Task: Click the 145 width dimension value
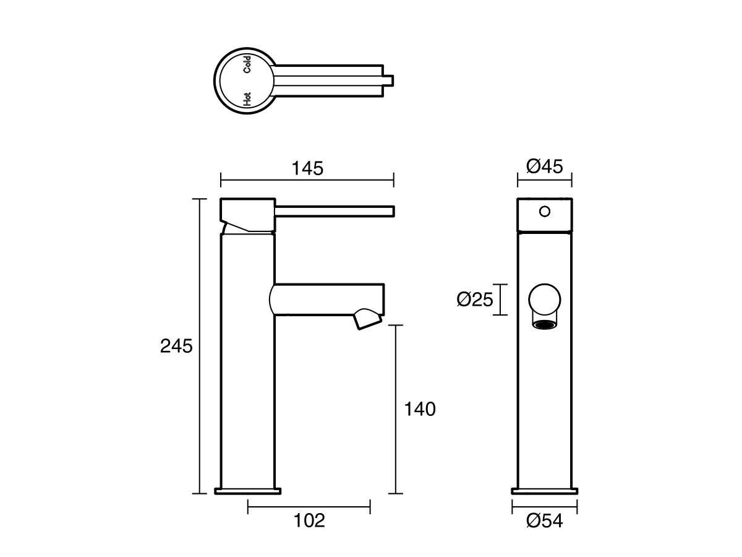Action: click(x=308, y=168)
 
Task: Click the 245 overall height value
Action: click(x=176, y=345)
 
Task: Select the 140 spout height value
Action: click(x=420, y=408)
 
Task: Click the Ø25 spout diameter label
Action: click(x=475, y=300)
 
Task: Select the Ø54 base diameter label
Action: click(x=545, y=521)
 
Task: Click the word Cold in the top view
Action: click(x=247, y=64)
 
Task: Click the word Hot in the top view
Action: click(x=247, y=98)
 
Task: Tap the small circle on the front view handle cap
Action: click(x=544, y=212)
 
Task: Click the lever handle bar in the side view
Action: click(x=334, y=211)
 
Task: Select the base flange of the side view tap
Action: click(x=247, y=491)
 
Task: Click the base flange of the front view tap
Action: click(x=545, y=491)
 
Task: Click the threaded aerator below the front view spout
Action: click(x=544, y=324)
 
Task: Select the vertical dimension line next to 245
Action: click(x=198, y=347)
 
